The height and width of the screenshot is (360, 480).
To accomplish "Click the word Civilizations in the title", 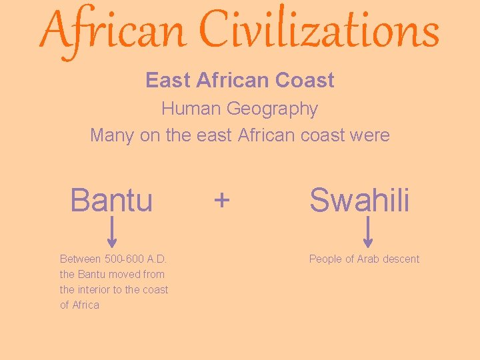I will click(320, 31).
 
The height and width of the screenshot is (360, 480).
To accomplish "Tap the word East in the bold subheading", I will click(168, 81).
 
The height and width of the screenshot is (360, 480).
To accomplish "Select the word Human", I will click(191, 108).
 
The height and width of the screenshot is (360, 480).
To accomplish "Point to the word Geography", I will click(272, 108).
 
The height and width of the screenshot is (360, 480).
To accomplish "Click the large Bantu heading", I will click(111, 199).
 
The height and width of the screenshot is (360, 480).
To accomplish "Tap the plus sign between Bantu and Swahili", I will click(222, 199).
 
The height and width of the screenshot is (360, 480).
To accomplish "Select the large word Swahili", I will click(359, 199).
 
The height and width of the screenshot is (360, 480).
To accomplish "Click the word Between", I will click(80, 259).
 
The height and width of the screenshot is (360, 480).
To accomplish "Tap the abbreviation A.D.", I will click(156, 259).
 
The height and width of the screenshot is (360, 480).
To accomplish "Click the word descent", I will click(401, 259).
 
